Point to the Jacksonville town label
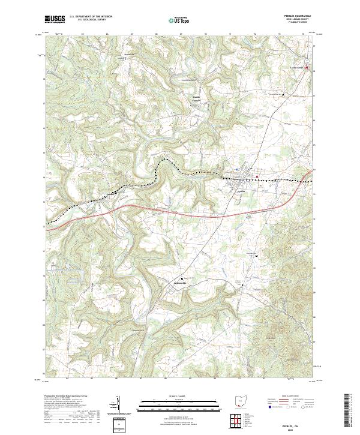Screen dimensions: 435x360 click(173, 283)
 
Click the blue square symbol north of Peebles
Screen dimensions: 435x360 click(237, 170)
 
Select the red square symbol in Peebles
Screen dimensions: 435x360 click(258, 176)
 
